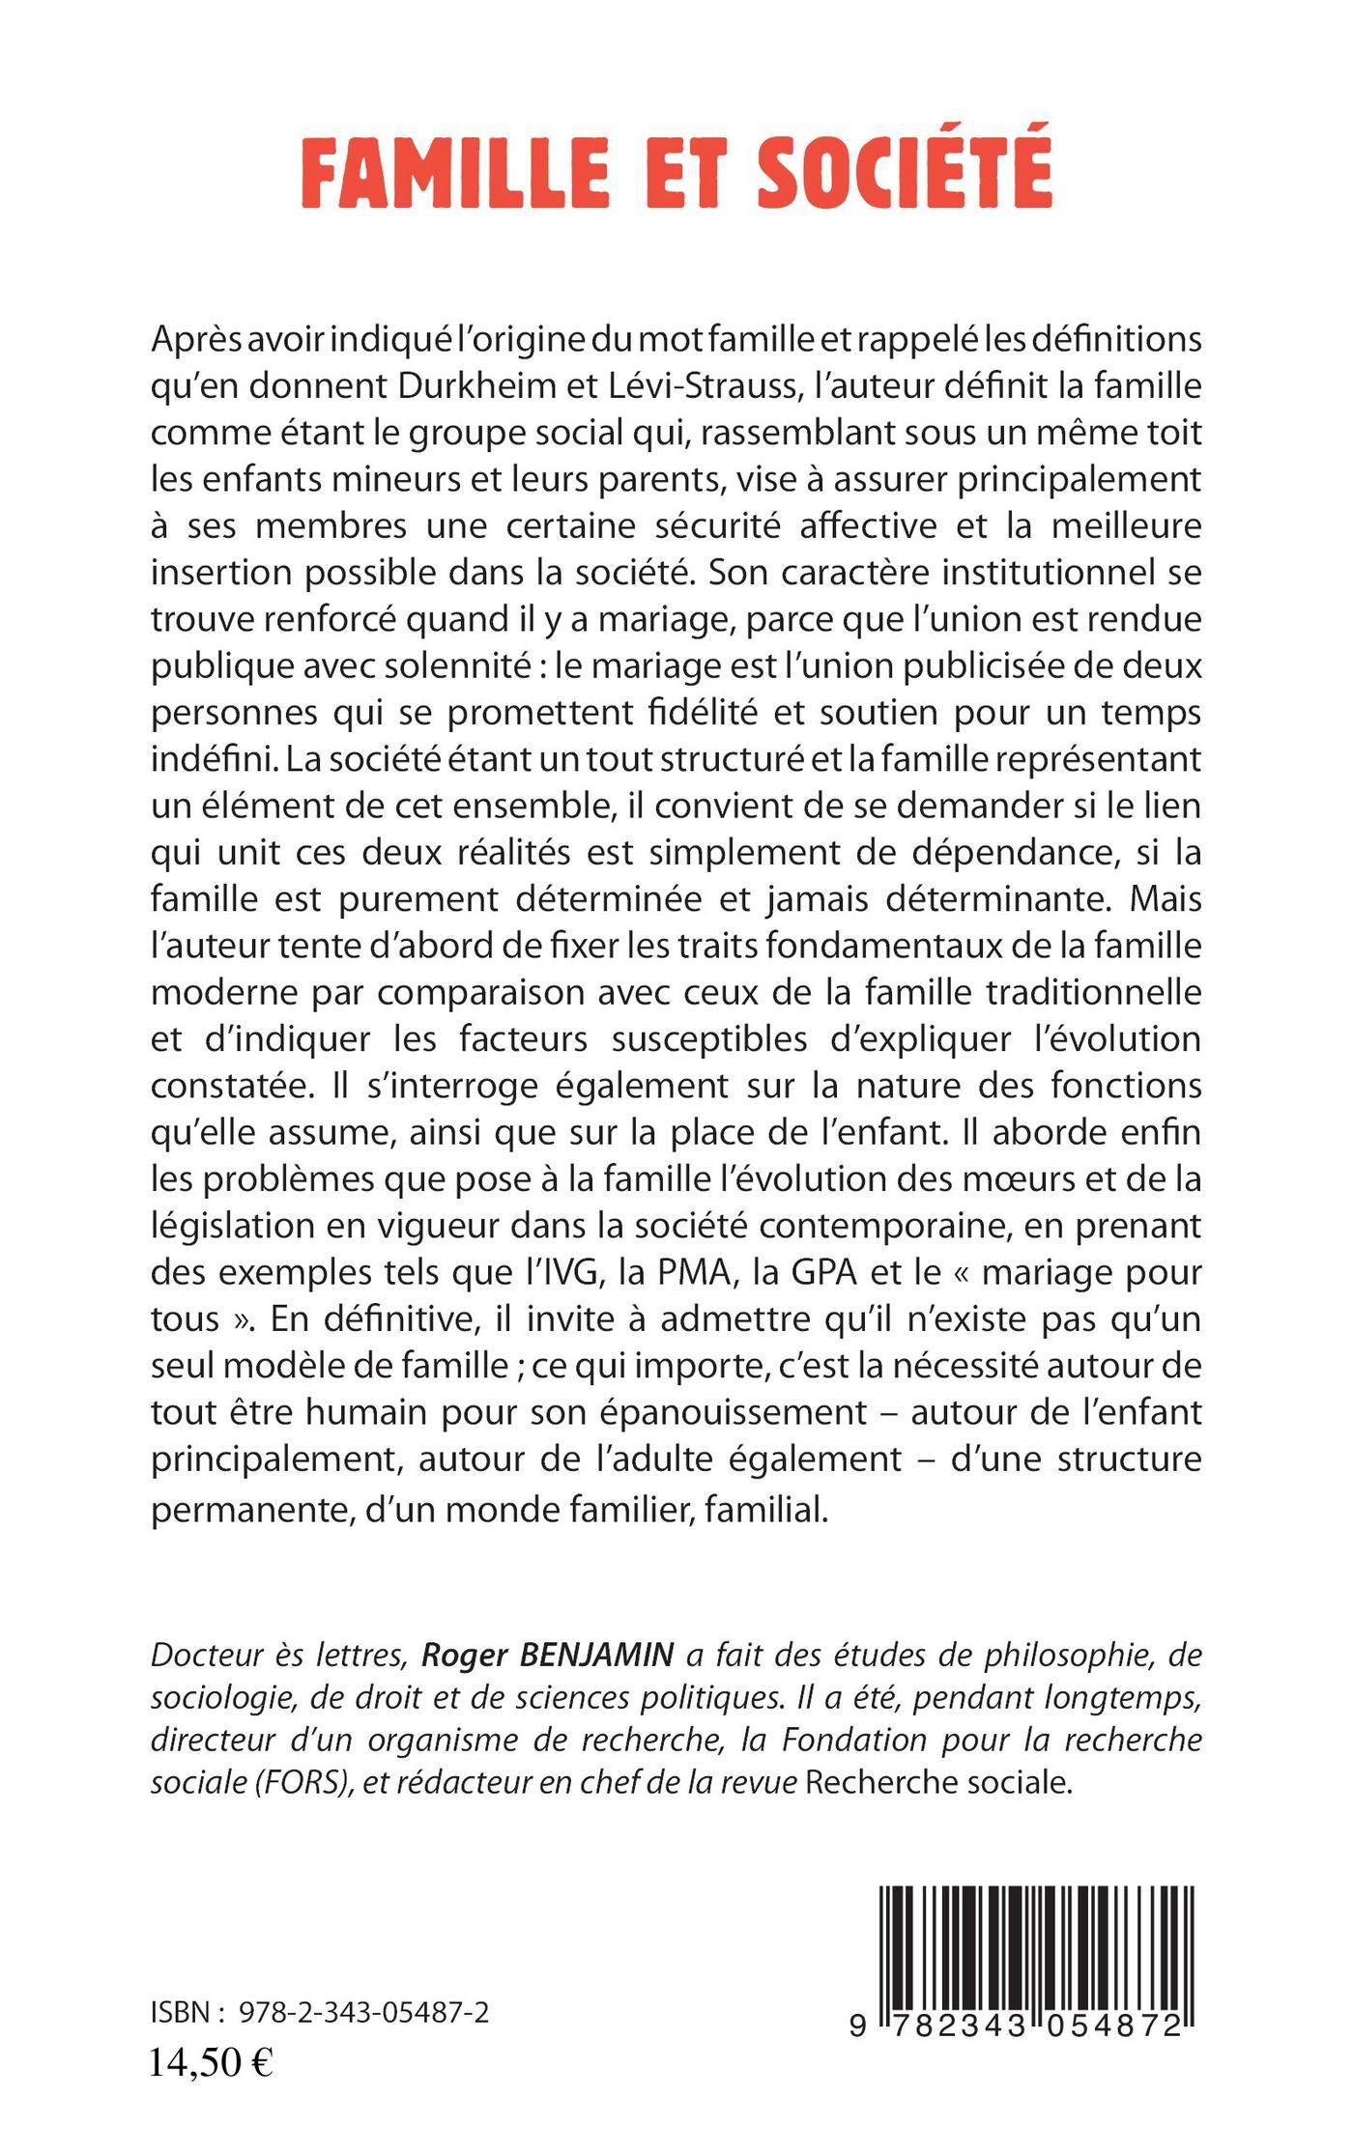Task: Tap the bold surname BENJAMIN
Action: pyautogui.click(x=597, y=1657)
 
